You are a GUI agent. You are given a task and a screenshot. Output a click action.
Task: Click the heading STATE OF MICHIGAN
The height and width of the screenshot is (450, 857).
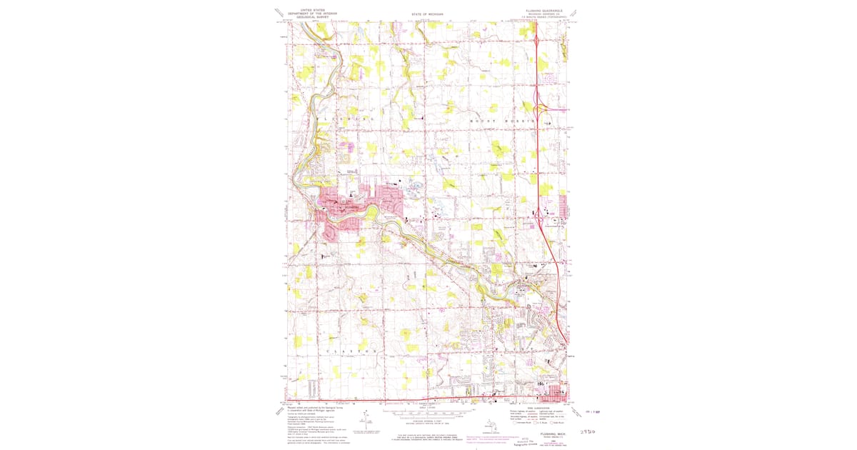tap(428, 14)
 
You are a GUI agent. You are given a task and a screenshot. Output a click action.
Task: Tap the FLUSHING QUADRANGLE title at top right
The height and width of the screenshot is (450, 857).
tap(544, 11)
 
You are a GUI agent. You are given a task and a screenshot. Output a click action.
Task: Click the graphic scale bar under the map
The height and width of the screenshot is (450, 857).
tap(428, 413)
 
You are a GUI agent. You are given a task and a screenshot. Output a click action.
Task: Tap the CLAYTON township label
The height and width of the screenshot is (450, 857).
tap(350, 351)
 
